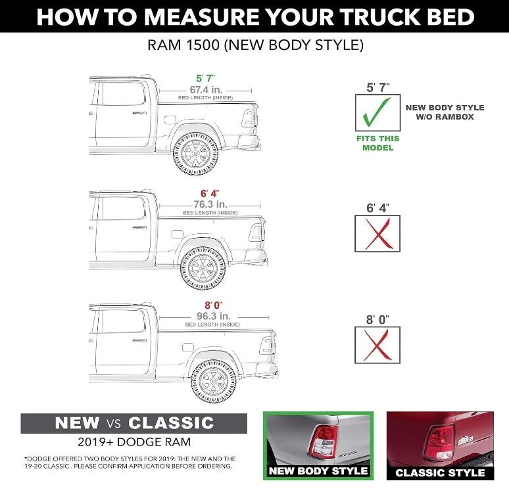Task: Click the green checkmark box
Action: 377,114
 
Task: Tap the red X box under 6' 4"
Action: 377,233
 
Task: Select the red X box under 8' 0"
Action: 377,345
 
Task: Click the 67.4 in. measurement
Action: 205,89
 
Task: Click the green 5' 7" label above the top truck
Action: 204,79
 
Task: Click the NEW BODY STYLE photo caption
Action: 318,470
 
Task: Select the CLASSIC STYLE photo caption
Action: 440,472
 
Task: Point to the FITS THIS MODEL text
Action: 377,143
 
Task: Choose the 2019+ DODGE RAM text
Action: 133,442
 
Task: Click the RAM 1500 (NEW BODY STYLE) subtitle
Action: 254,46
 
